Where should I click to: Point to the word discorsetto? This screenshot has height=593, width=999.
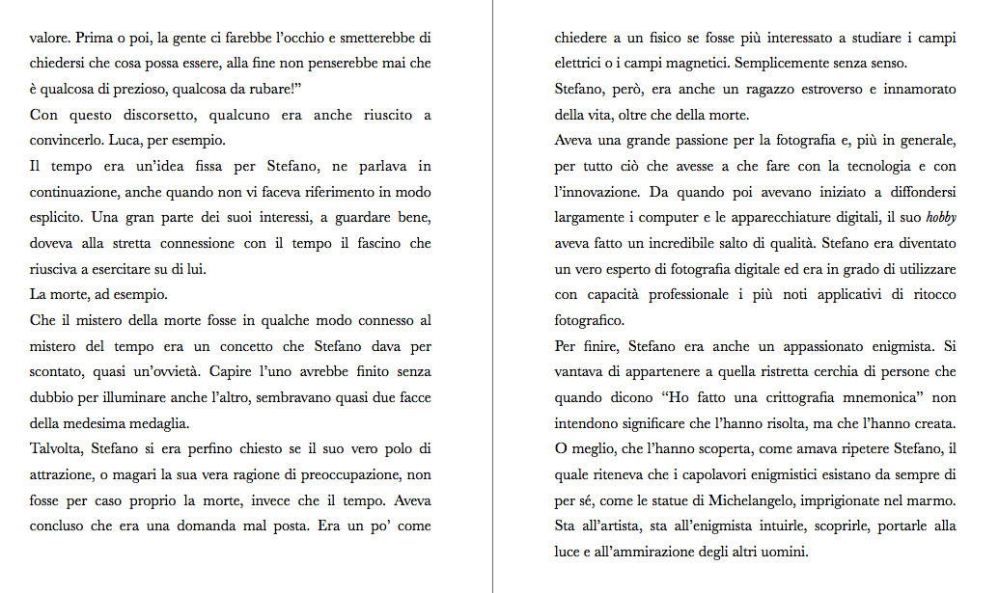pos(143,116)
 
